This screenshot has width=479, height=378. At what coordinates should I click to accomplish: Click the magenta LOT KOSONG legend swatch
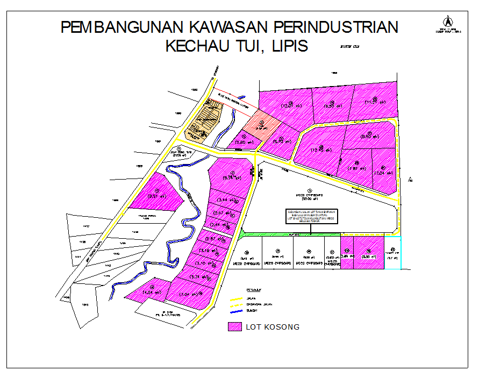(x=234, y=327)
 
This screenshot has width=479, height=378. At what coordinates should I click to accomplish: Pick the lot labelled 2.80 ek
(x=245, y=141)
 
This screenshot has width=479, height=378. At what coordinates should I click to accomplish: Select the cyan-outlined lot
(x=392, y=253)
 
